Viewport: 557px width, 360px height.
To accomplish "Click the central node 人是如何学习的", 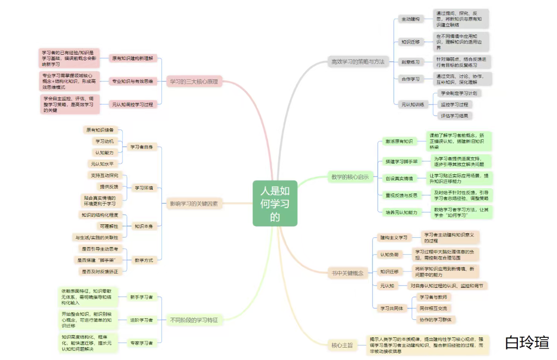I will coord(275,203).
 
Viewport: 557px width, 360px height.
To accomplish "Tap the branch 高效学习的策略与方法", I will coord(357,62).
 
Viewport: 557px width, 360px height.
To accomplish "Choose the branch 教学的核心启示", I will coord(350,177).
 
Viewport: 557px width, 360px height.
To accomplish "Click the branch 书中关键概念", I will coord(347,273).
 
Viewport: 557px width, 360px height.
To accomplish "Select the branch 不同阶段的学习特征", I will coord(194,320).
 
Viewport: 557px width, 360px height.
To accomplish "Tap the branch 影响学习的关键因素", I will coord(194,204).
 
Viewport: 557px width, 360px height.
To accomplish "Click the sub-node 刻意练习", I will coord(410,62).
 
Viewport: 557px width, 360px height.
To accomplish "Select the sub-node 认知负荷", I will coord(389,255).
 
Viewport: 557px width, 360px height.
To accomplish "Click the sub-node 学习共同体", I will coord(392,308).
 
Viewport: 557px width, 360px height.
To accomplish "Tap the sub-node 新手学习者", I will coord(141,297).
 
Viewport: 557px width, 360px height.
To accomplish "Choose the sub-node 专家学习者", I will coord(141,343).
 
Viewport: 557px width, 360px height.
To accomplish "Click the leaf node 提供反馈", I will coord(109,186).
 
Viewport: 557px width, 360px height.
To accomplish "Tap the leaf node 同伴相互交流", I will coord(436,308).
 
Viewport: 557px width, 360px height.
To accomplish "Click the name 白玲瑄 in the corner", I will coord(527,342).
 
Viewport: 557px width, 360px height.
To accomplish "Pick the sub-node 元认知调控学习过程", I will coord(133,104).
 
